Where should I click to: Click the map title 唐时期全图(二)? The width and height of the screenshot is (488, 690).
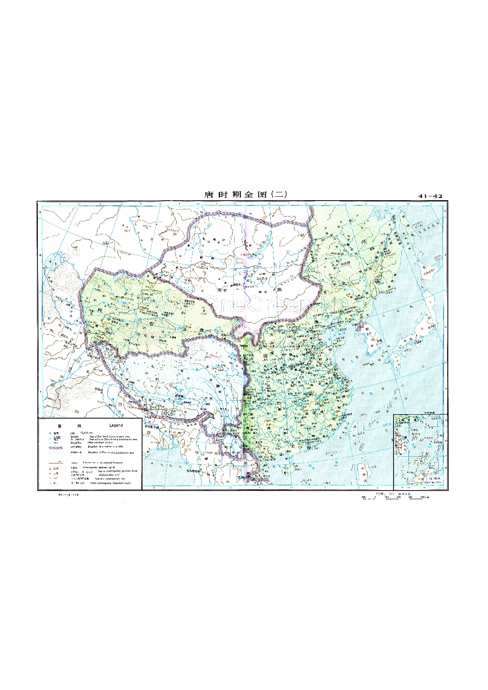(246, 195)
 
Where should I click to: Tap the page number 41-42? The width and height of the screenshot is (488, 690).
(430, 196)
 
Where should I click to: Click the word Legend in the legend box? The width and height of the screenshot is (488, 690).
(116, 425)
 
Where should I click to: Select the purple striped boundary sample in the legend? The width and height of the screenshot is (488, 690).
(56, 448)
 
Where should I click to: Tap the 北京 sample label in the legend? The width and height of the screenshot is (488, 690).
(56, 468)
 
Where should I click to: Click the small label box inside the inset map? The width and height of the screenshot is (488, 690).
(436, 479)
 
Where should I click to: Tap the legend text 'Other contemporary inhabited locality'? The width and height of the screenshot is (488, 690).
(111, 483)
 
